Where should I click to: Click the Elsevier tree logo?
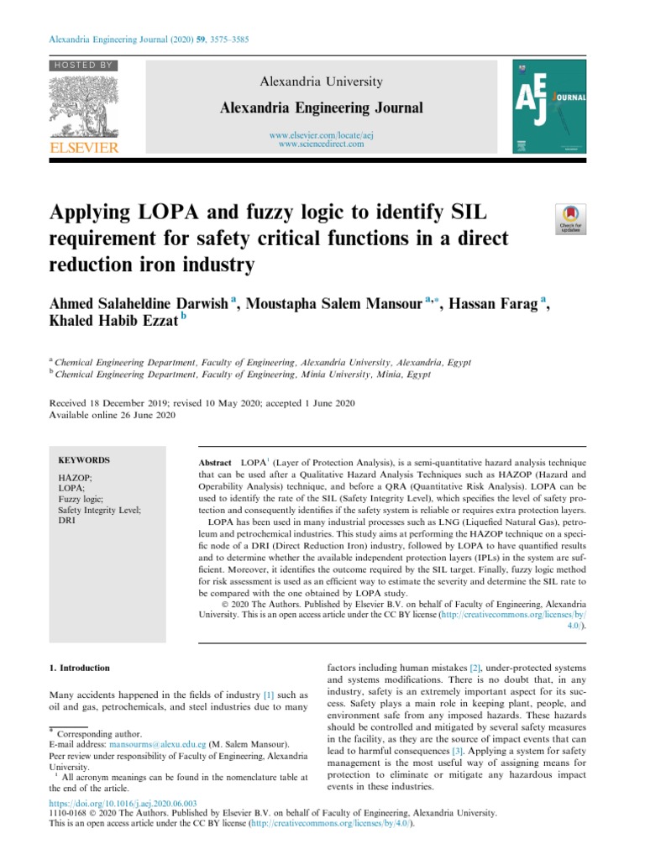pyautogui.click(x=84, y=107)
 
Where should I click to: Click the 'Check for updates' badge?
pyautogui.click(x=570, y=221)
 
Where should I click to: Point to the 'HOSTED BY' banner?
pyautogui.click(x=83, y=66)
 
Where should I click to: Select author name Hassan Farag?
pyautogui.click(x=489, y=304)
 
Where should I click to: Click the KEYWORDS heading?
pyautogui.click(x=83, y=460)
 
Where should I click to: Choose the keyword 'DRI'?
pyautogui.click(x=66, y=521)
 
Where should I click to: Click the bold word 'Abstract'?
pyautogui.click(x=214, y=464)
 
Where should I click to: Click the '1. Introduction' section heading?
pyautogui.click(x=80, y=669)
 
